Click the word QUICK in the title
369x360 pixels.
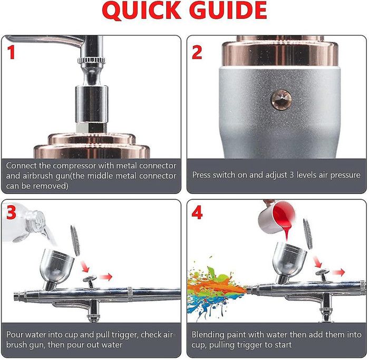pos(142,11)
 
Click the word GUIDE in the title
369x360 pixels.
pos(228,10)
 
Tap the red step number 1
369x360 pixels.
pos(11,52)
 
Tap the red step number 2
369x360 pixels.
pos(197,52)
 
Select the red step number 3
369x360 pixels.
pos(11,212)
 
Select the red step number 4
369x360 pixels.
pos(197,213)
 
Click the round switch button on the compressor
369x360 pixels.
pos(281,100)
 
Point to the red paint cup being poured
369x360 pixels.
pos(277,217)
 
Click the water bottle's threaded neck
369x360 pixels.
pos(35,220)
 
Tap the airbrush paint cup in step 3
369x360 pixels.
pos(56,267)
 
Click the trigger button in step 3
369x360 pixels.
pos(90,281)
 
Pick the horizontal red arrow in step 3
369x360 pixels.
pos(105,277)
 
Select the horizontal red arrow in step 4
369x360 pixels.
pos(338,273)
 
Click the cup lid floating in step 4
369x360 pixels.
pos(307,233)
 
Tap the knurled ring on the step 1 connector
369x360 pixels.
pos(91,60)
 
